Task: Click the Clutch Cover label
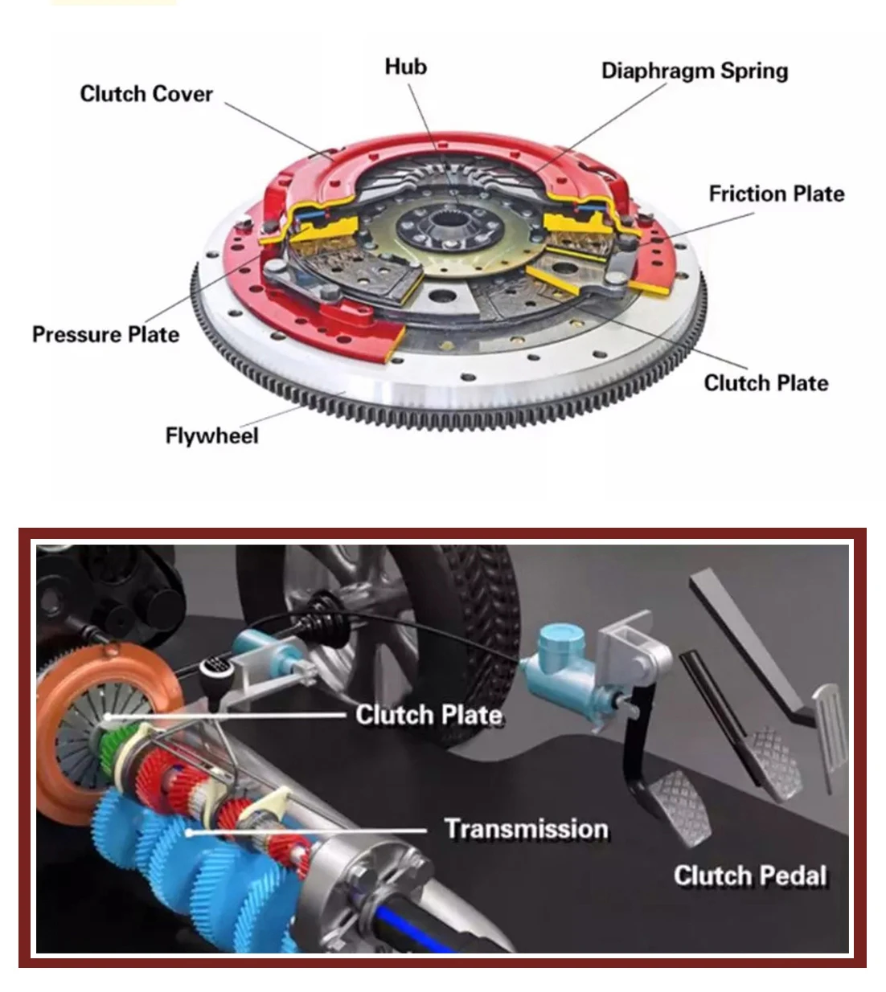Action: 146,94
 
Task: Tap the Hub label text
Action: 405,67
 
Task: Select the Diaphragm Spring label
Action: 694,71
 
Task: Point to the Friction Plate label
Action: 776,194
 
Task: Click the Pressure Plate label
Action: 105,334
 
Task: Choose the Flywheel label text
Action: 211,435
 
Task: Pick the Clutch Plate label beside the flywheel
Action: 765,383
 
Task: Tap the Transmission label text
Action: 526,829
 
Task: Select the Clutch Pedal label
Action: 749,876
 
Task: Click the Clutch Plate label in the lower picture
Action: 429,714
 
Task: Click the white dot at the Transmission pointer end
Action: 190,832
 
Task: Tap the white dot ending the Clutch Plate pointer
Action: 105,716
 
